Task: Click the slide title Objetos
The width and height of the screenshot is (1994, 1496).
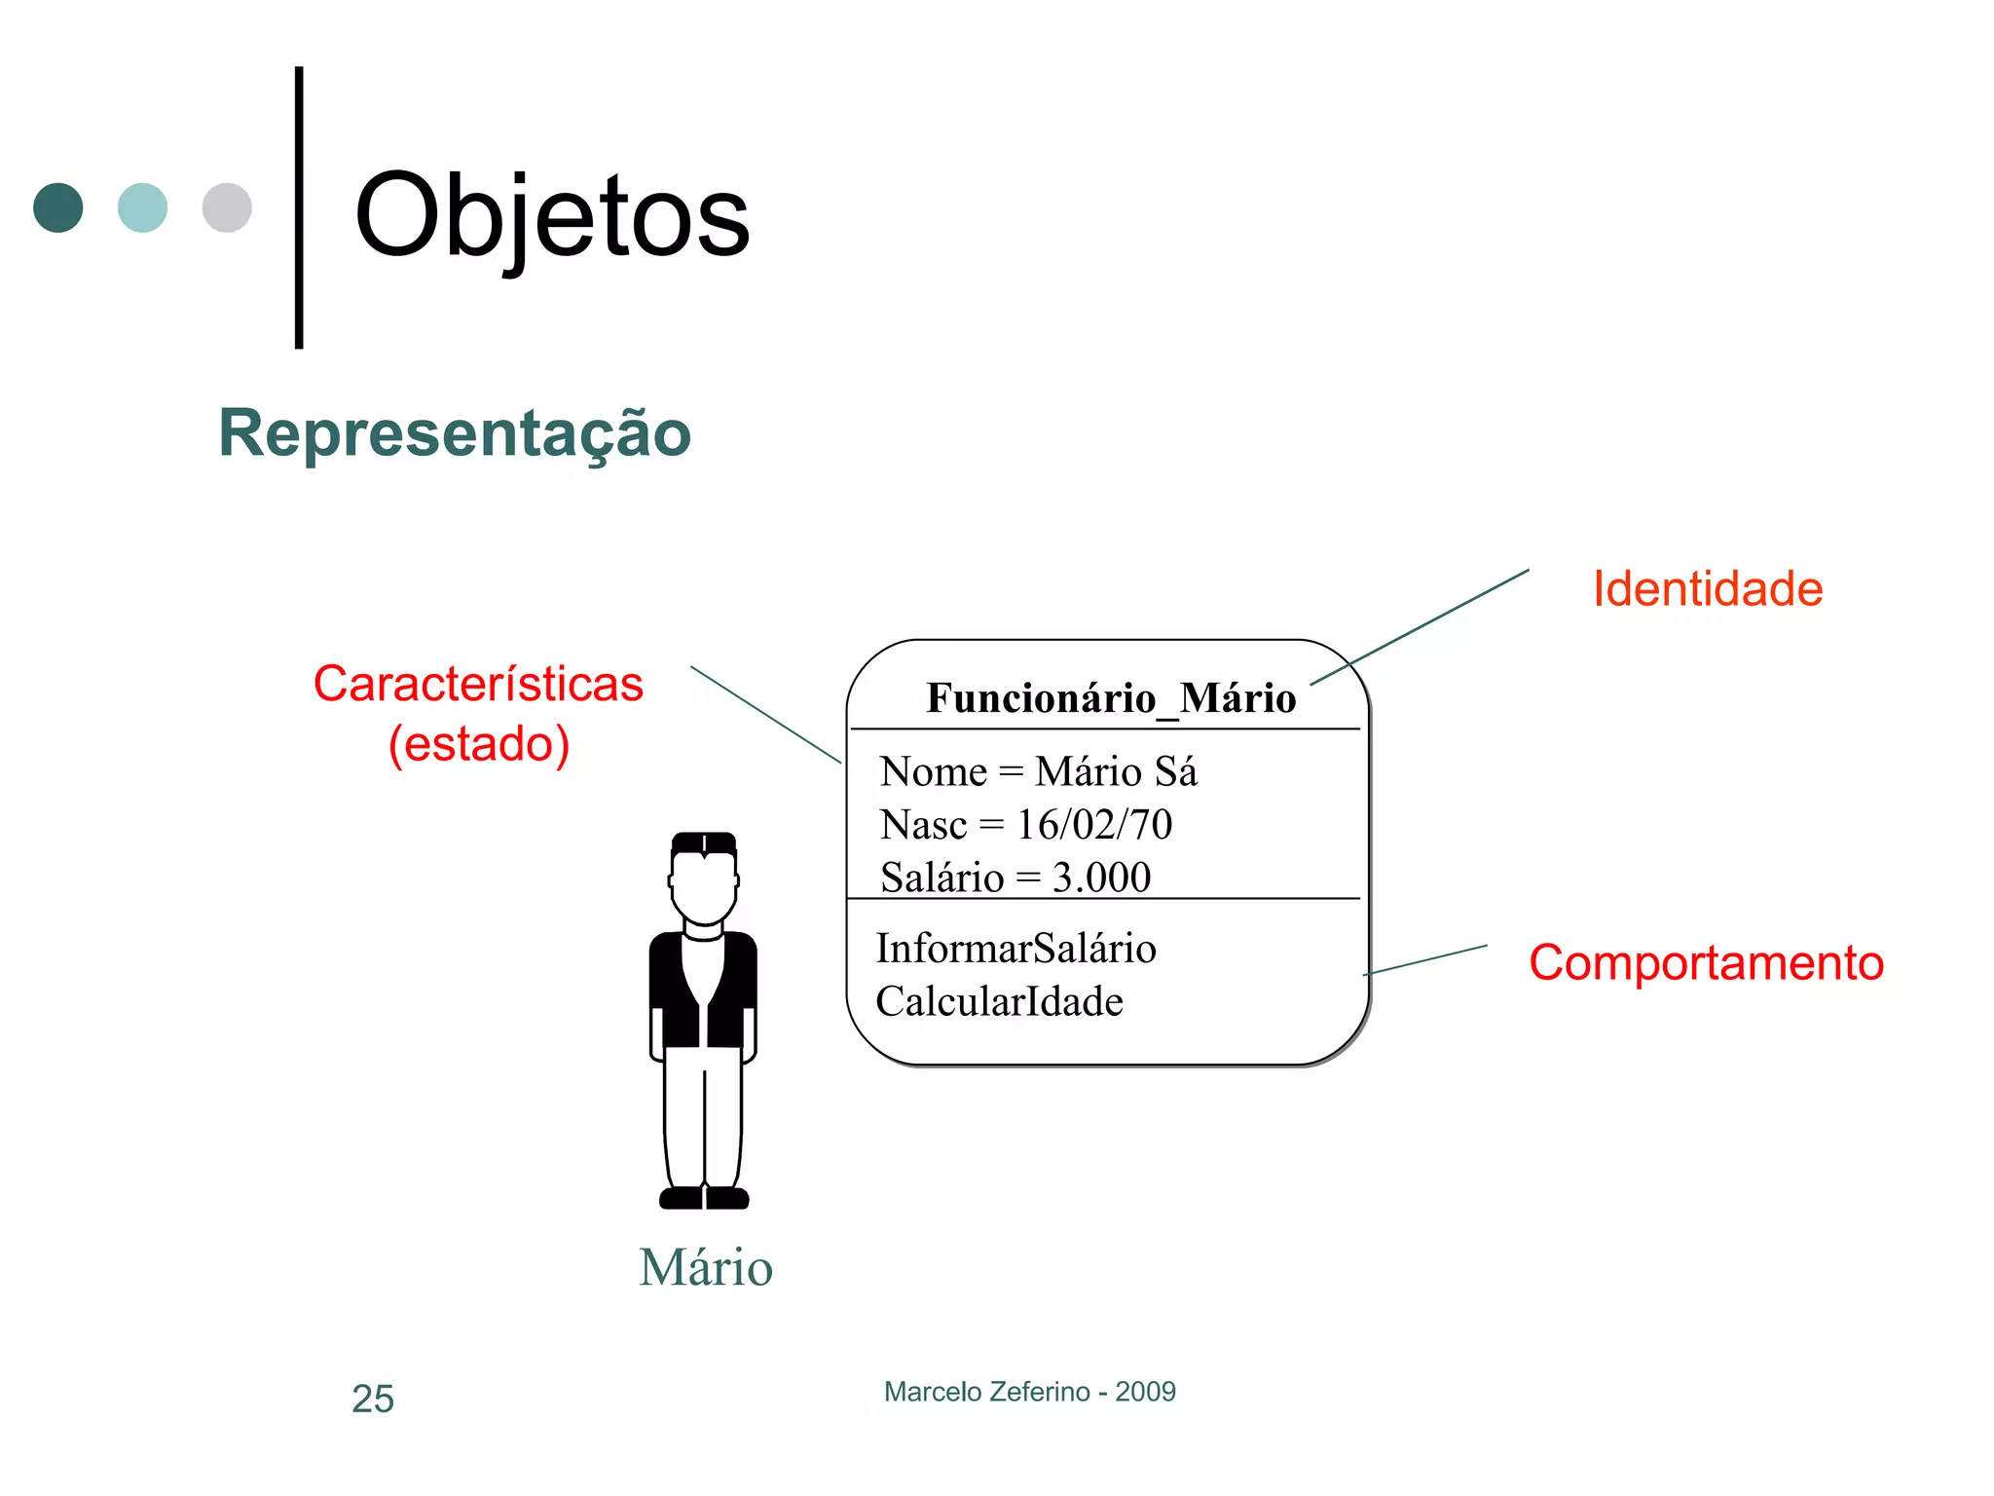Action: click(552, 216)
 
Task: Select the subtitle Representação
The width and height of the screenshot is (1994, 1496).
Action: click(455, 433)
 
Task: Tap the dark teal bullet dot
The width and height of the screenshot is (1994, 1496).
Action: click(58, 207)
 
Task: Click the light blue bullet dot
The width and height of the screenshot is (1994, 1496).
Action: click(142, 207)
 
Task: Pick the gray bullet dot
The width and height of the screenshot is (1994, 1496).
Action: click(227, 207)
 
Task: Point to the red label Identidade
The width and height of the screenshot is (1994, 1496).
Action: click(1708, 589)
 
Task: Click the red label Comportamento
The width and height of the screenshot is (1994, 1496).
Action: click(1706, 962)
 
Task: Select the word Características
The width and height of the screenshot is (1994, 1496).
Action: click(478, 684)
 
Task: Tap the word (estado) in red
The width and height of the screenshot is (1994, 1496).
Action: click(479, 744)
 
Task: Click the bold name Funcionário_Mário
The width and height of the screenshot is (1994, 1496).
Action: click(1111, 698)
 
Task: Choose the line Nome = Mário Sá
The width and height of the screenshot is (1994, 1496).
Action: click(1038, 771)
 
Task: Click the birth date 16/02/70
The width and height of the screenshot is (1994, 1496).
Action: click(1094, 825)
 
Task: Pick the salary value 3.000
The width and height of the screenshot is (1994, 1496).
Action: click(1101, 878)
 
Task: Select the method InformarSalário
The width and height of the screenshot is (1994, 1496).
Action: click(1015, 949)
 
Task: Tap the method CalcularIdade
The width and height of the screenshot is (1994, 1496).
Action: click(999, 1002)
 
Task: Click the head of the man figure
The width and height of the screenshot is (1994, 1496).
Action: click(704, 881)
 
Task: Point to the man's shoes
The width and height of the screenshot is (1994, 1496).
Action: click(704, 1198)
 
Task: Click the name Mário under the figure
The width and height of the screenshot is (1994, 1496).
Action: click(706, 1267)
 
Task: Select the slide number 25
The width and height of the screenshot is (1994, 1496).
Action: click(373, 1400)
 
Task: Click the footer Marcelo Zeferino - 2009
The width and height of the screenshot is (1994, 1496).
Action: click(1029, 1392)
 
